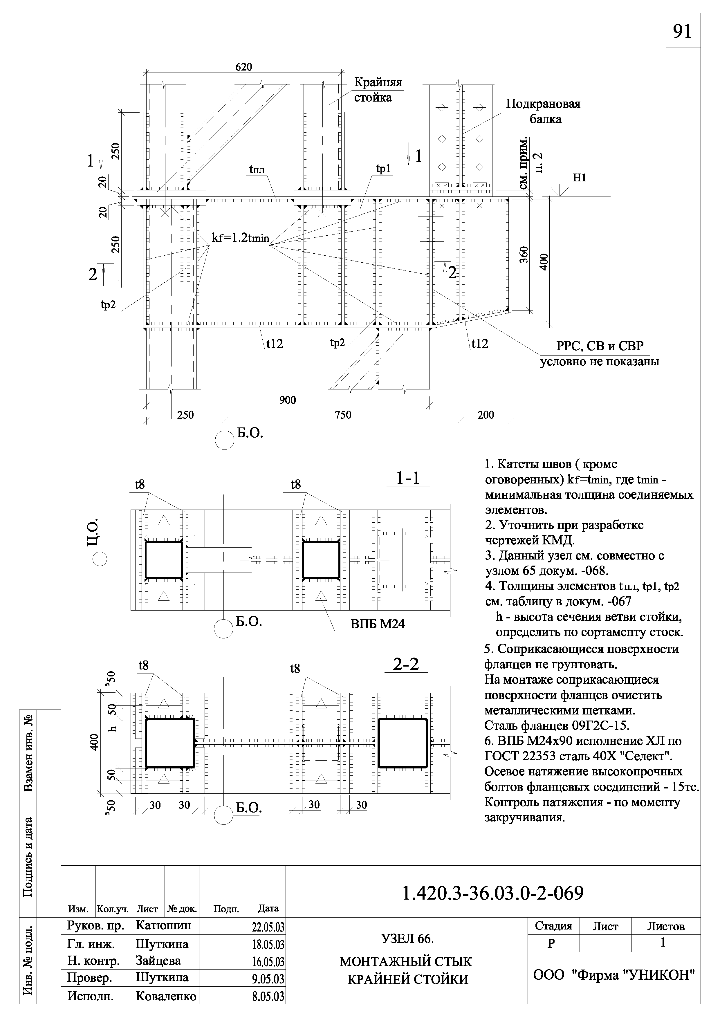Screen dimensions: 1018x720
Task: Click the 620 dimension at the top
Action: pos(243,67)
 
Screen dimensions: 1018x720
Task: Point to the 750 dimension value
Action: pos(343,415)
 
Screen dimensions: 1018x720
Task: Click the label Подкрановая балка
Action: pos(543,111)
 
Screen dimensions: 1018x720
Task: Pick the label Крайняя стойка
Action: pos(378,90)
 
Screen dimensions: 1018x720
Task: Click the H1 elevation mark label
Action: pos(580,178)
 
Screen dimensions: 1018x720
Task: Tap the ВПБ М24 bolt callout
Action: pos(378,624)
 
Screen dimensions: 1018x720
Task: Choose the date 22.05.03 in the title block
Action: pos(268,927)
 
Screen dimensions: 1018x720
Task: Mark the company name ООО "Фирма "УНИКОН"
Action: pos(613,974)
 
